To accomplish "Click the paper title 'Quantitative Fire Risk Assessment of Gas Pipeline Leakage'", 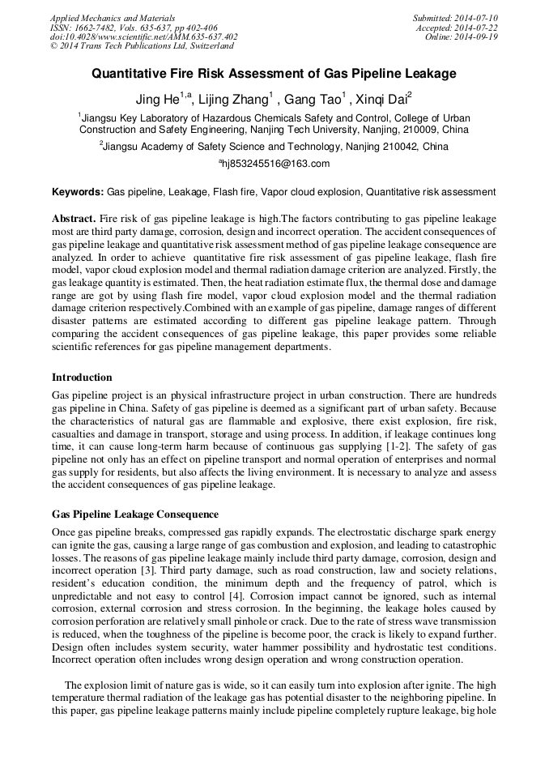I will point(274,74).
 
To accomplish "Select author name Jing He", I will point(160,100).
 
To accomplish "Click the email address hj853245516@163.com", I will point(274,164).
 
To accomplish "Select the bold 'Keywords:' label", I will point(78,192).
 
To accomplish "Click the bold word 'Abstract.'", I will point(74,220).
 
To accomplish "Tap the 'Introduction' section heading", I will point(82,377).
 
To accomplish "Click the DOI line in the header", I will point(143,36).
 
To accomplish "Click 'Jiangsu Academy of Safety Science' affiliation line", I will point(274,147).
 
